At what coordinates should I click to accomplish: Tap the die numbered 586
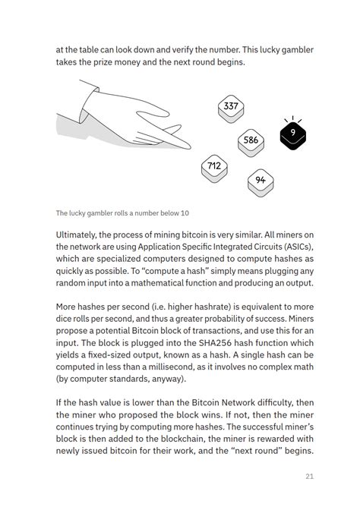(251, 140)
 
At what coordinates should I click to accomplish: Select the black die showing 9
(292, 134)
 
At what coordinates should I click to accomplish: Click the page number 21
(309, 477)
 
